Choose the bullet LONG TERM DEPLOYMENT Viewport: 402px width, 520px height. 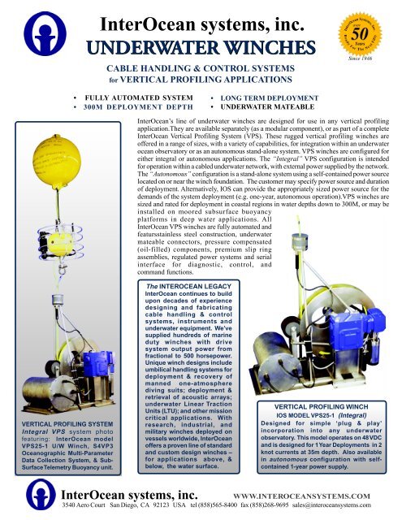270,97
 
